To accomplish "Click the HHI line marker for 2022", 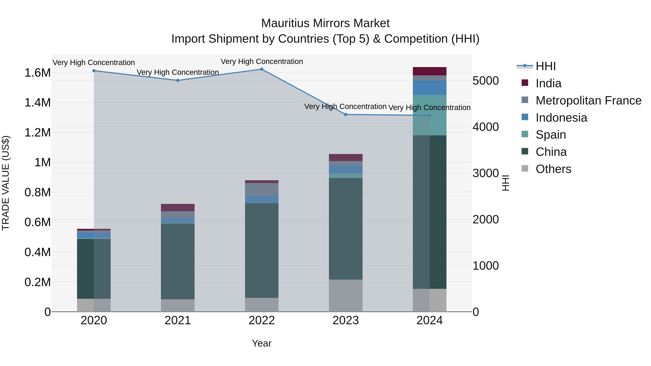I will pyautogui.click(x=261, y=69).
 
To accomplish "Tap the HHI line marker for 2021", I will pyautogui.click(x=178, y=80).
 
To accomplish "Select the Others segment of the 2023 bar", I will pyautogui.click(x=345, y=295).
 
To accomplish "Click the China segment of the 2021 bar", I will pyautogui.click(x=178, y=261).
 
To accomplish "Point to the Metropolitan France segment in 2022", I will pyautogui.click(x=261, y=189).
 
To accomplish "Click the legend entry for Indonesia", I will pyautogui.click(x=561, y=118).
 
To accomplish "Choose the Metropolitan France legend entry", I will pyautogui.click(x=588, y=100).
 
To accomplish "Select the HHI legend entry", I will pyautogui.click(x=545, y=66).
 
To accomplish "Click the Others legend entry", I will pyautogui.click(x=553, y=169).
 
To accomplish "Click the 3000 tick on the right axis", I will pyautogui.click(x=486, y=173).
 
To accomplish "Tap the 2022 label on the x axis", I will pyautogui.click(x=261, y=320).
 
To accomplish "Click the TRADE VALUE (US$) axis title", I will pyautogui.click(x=6, y=183).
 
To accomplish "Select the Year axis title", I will pyautogui.click(x=261, y=343).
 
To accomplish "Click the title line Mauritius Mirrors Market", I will pyautogui.click(x=325, y=23).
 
